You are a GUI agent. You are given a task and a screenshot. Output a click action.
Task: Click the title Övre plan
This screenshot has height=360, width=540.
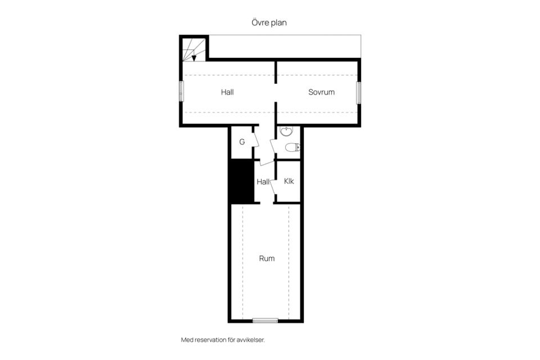coord(269,22)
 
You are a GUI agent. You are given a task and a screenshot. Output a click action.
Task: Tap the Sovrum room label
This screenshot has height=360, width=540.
coord(321,92)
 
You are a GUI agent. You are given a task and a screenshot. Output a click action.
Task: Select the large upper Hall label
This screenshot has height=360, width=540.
coord(227,92)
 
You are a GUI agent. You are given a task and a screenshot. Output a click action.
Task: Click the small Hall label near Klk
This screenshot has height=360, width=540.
coord(263,182)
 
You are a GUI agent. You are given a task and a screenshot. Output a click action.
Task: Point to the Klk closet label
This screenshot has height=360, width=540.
coord(289,181)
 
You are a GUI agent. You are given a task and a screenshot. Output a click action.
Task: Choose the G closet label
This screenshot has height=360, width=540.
coord(242,142)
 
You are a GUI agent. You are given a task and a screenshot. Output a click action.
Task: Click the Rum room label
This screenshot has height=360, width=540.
coord(267,258)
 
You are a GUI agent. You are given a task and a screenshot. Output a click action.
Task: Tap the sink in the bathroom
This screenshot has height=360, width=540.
coord(286,131)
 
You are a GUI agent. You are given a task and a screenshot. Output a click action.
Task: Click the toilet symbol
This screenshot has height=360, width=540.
coord(292,147)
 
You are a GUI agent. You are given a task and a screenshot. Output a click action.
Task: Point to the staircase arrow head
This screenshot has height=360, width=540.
coord(194,58)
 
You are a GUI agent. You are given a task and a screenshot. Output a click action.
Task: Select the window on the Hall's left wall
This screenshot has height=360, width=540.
coord(182,91)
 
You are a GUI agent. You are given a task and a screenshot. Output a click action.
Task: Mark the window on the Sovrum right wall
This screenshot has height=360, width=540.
coord(358,93)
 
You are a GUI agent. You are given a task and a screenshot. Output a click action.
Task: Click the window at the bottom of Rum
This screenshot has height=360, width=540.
coord(265,321)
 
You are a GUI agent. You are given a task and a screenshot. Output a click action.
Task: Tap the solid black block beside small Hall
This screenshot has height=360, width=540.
coord(242,182)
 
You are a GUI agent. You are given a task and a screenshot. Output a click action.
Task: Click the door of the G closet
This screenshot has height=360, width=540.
coord(256,139)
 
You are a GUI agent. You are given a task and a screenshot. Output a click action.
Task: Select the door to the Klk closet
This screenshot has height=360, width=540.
coord(273,187)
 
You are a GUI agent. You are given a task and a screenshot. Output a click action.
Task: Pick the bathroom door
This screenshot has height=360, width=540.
coord(273,146)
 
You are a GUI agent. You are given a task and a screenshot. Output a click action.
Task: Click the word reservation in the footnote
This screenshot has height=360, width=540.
coord(211,340)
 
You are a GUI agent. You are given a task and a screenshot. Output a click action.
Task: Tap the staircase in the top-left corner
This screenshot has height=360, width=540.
coord(194,50)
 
